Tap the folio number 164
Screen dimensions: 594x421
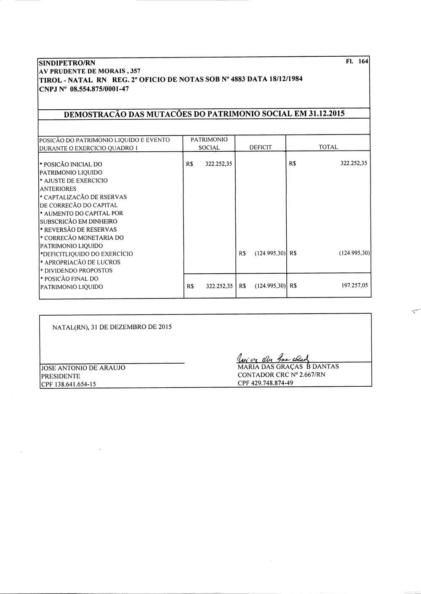[363, 61]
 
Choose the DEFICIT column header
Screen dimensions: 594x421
[261, 147]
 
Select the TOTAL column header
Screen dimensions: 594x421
[328, 147]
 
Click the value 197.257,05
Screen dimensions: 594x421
[354, 285]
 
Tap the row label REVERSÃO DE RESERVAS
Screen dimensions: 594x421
[80, 230]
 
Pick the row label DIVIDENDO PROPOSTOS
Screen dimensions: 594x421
[78, 270]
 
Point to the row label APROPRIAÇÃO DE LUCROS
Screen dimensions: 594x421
[82, 262]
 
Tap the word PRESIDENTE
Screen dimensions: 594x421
[60, 376]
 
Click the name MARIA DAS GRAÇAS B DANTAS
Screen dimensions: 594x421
[288, 367]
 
